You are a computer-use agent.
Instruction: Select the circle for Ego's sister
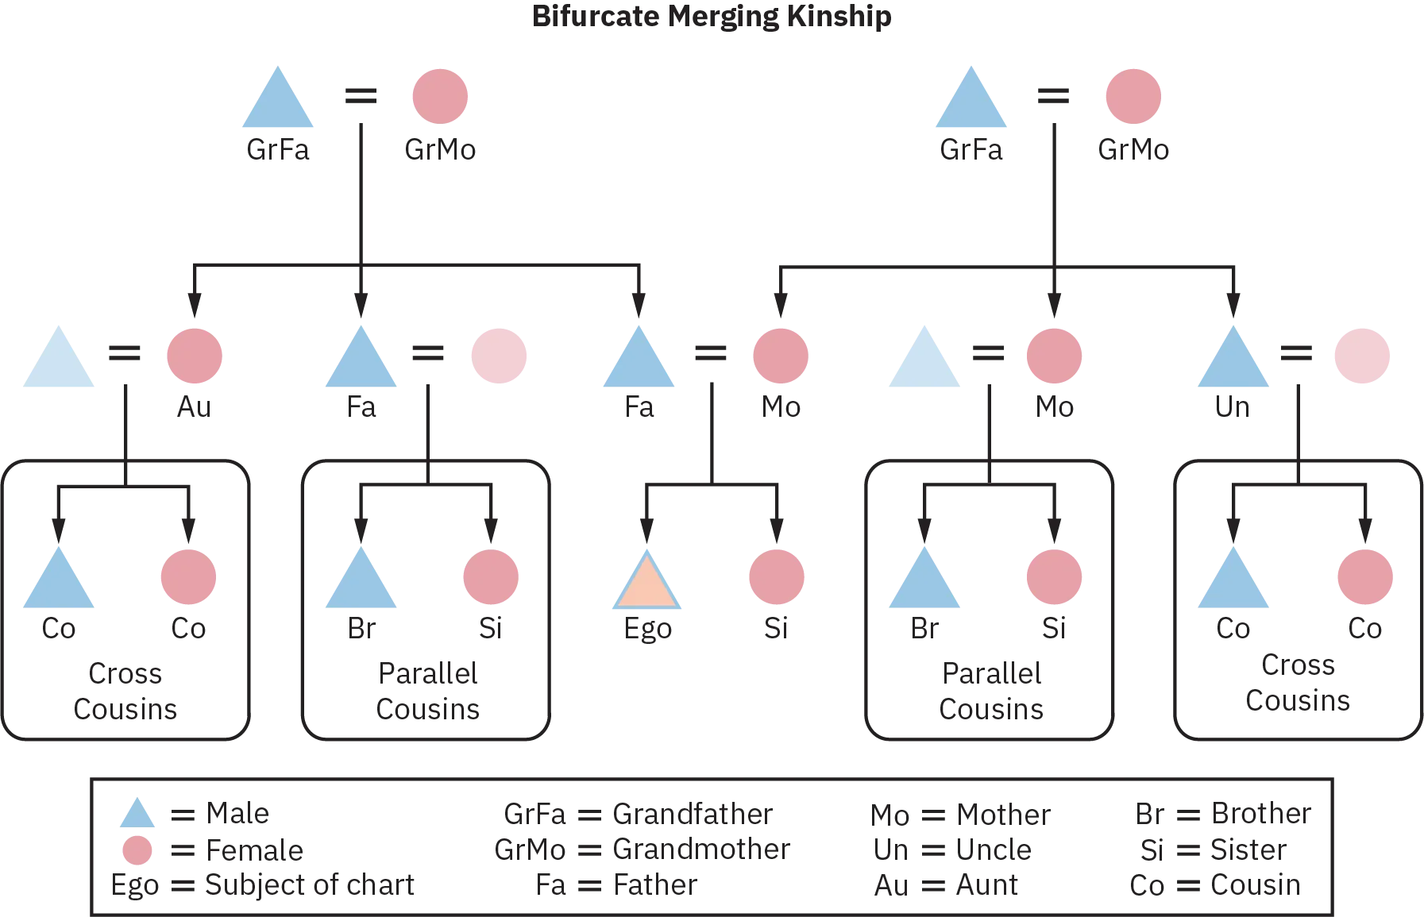[x=777, y=575]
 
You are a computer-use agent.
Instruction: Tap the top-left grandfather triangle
[x=279, y=102]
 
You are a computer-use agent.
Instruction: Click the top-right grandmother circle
[x=1133, y=96]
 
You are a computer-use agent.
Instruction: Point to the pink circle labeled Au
[x=193, y=354]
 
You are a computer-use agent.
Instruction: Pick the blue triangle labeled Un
[x=1233, y=360]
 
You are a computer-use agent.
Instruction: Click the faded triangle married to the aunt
[x=57, y=360]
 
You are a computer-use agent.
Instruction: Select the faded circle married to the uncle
[x=1362, y=354]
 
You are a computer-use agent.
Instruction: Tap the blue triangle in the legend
[x=137, y=815]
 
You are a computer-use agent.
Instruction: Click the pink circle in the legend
[x=137, y=851]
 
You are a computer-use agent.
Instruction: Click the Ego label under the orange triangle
[x=646, y=632]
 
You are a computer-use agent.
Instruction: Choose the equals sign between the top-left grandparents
[x=361, y=96]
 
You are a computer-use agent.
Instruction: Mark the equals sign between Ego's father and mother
[x=711, y=353]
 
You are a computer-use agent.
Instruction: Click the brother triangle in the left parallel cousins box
[x=361, y=581]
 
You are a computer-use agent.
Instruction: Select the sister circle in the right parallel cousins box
[x=1055, y=575]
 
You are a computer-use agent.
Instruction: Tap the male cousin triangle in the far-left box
[x=57, y=581]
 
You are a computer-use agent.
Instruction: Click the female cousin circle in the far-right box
[x=1365, y=575]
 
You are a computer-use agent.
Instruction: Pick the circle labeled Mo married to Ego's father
[x=781, y=354]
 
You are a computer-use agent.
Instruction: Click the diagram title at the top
[x=713, y=16]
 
